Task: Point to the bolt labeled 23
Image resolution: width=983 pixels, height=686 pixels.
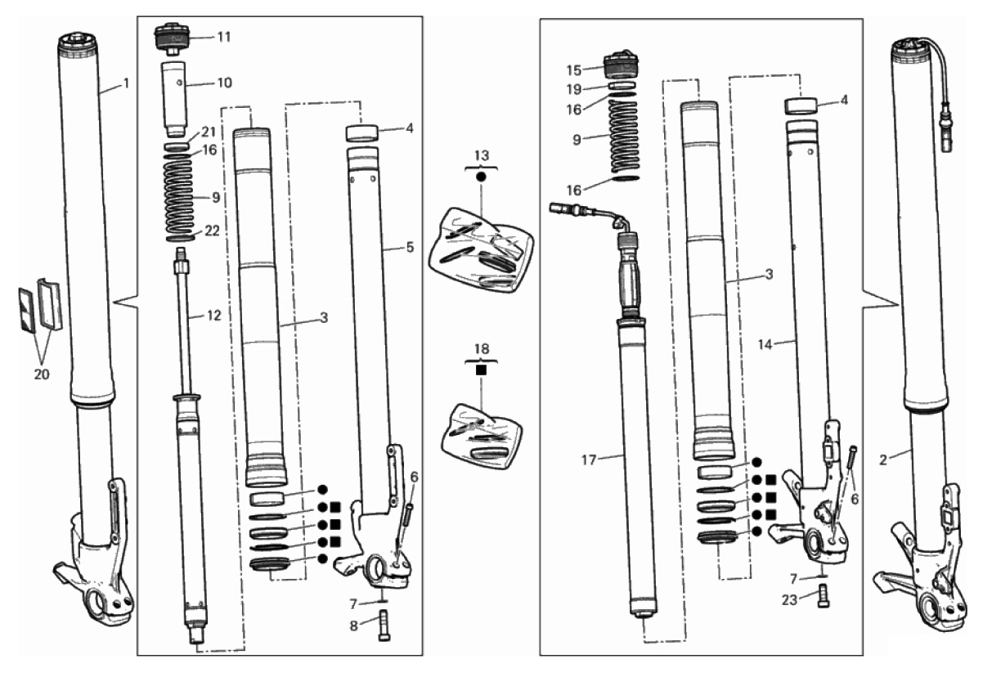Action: point(824,600)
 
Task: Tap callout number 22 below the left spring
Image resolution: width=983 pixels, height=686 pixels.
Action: point(213,232)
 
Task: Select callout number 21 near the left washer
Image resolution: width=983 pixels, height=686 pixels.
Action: point(209,133)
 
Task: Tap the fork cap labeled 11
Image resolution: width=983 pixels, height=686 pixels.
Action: point(172,39)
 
